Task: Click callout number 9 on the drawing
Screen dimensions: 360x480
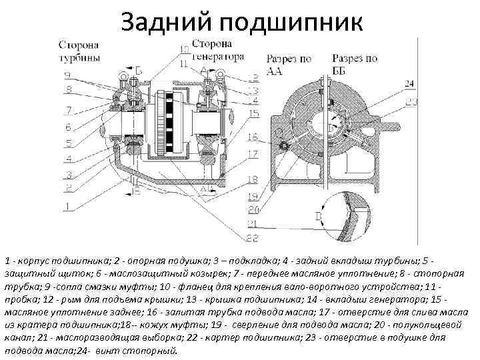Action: pyautogui.click(x=67, y=75)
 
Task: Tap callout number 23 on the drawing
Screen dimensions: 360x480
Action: pyautogui.click(x=411, y=101)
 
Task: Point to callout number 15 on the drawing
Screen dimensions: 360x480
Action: pyautogui.click(x=254, y=114)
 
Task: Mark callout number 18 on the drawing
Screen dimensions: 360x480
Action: pyautogui.click(x=253, y=179)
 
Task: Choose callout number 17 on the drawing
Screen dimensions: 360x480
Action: pyautogui.click(x=253, y=154)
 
